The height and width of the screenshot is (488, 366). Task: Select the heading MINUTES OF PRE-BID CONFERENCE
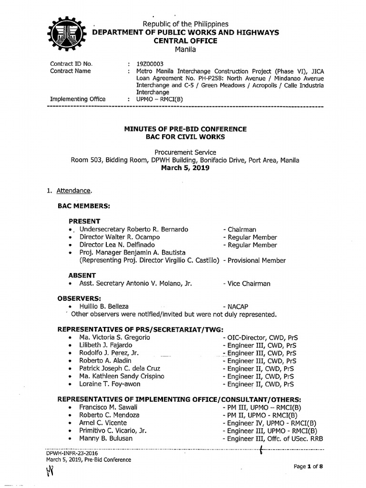tap(185, 129)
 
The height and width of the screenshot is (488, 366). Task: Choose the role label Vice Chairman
tap(248, 284)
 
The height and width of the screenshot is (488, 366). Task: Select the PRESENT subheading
tap(84, 221)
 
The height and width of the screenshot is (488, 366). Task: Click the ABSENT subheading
tap(82, 275)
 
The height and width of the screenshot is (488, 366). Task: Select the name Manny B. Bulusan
tap(106, 438)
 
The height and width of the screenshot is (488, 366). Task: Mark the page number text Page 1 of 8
tap(308, 467)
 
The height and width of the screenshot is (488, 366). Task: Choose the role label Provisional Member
tap(256, 260)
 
